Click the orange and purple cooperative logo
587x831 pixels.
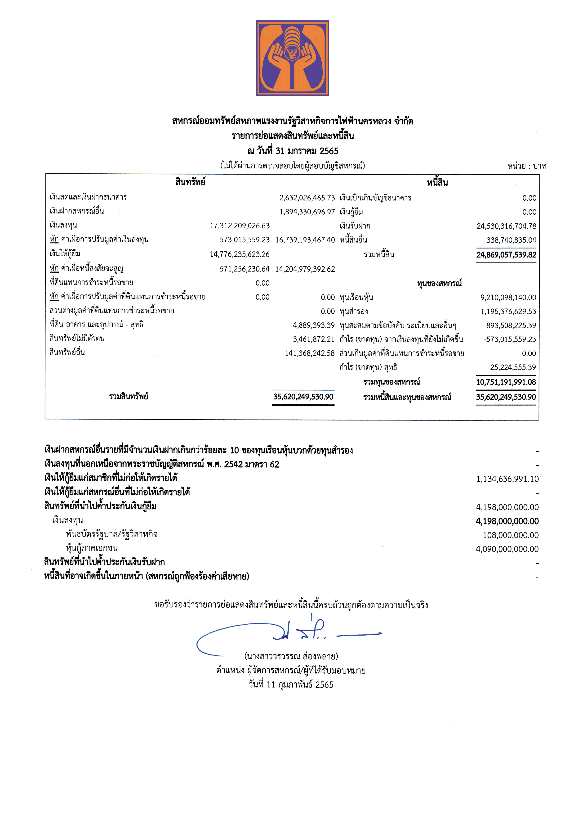click(x=292, y=58)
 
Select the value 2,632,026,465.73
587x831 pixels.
click(x=307, y=198)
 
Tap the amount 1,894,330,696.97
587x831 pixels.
click(x=307, y=212)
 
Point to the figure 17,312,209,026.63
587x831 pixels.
click(x=240, y=226)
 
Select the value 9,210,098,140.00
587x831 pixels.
click(x=508, y=298)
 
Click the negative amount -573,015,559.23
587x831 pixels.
click(x=510, y=339)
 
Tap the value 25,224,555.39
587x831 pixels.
click(x=512, y=367)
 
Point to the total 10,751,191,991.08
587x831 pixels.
click(x=506, y=382)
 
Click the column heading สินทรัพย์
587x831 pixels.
click(x=190, y=182)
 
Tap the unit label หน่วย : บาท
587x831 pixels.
click(x=527, y=166)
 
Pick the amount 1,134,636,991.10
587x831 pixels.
click(x=507, y=479)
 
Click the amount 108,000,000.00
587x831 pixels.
click(x=510, y=535)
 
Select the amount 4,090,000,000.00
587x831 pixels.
click(x=507, y=549)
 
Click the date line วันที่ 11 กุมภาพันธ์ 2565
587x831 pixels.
click(x=291, y=684)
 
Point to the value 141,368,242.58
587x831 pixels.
click(x=310, y=353)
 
